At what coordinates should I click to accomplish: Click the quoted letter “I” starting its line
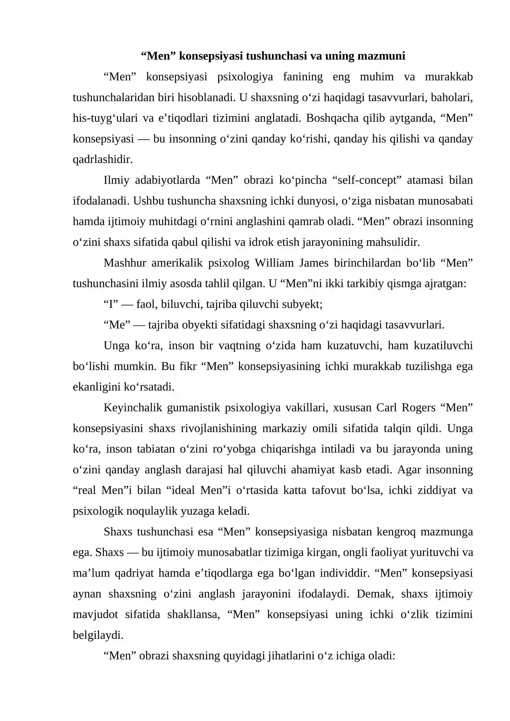pyautogui.click(x=111, y=304)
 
